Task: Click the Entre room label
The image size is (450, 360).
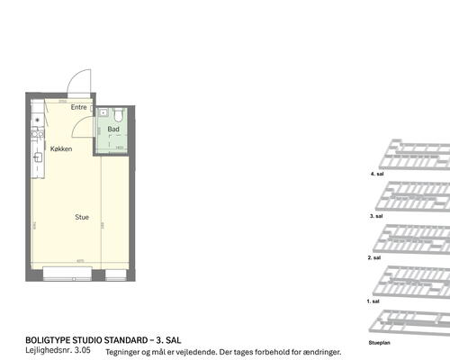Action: [x=79, y=107]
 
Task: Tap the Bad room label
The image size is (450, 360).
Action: [x=113, y=129]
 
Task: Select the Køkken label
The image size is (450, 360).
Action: [x=61, y=148]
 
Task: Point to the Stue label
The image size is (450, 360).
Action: [x=81, y=217]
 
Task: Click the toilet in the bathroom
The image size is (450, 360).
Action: [x=119, y=114]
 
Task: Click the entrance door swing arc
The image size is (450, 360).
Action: [x=80, y=81]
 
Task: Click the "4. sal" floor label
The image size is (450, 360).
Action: [x=377, y=173]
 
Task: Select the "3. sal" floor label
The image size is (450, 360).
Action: [x=377, y=217]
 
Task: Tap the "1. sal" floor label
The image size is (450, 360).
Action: [x=373, y=301]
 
